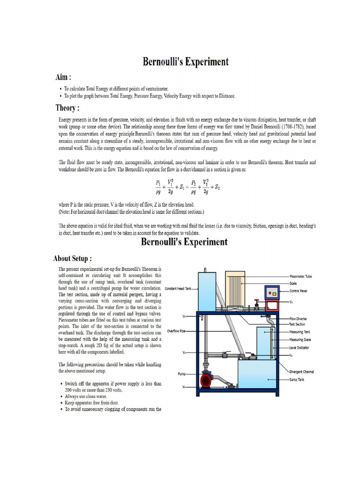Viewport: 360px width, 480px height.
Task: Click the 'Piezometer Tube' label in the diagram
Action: point(301,277)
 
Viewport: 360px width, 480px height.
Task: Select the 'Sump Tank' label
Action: point(296,380)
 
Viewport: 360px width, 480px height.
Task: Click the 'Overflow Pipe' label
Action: point(176,331)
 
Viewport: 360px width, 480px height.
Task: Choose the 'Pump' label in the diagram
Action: point(182,374)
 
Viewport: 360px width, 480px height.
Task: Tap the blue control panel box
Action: point(271,293)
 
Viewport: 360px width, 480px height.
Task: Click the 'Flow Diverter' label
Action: point(299,318)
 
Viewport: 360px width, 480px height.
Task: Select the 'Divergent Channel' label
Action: point(301,372)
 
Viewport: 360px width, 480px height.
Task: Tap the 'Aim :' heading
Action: point(64,77)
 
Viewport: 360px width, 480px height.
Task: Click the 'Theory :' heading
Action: point(67,108)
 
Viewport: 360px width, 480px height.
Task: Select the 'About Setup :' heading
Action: point(72,258)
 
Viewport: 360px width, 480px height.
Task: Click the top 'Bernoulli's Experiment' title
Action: point(186,62)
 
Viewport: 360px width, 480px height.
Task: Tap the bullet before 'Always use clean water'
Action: point(61,396)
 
